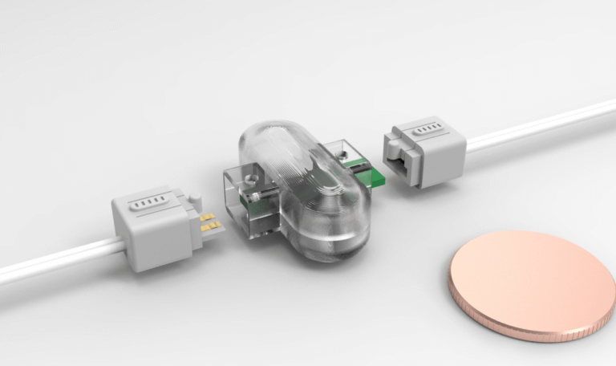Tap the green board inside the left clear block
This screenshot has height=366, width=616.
point(256,210)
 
